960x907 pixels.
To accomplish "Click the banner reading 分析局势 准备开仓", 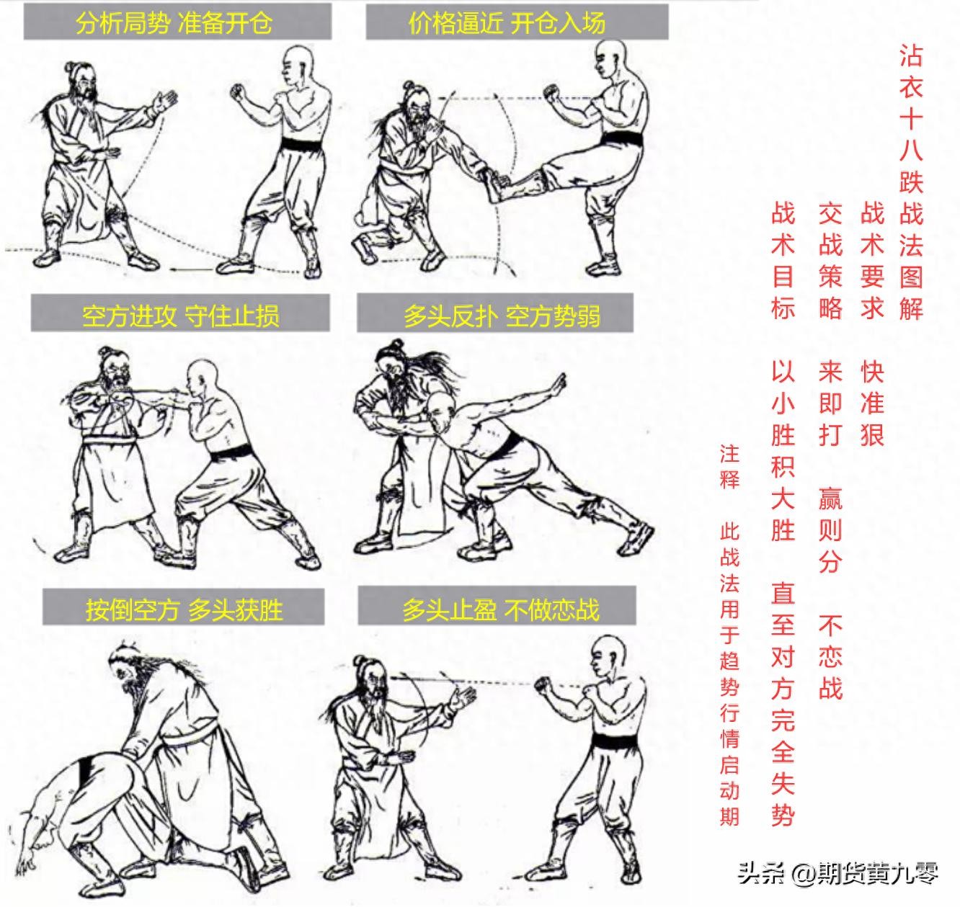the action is click(177, 22).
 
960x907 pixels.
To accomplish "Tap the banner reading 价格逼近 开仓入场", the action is click(517, 22).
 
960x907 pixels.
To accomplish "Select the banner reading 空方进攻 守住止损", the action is click(180, 313).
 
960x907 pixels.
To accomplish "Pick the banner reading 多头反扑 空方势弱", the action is click(495, 313).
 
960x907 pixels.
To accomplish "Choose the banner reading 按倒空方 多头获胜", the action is click(184, 607).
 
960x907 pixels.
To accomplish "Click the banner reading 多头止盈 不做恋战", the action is click(497, 606).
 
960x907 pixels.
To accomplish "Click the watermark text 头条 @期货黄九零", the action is click(838, 873).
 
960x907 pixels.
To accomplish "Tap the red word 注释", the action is click(729, 467).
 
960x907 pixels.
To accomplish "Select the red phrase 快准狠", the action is click(872, 403).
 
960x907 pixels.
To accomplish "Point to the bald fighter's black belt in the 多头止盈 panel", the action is click(615, 741).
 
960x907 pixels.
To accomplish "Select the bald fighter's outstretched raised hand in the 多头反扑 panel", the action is click(558, 384).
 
